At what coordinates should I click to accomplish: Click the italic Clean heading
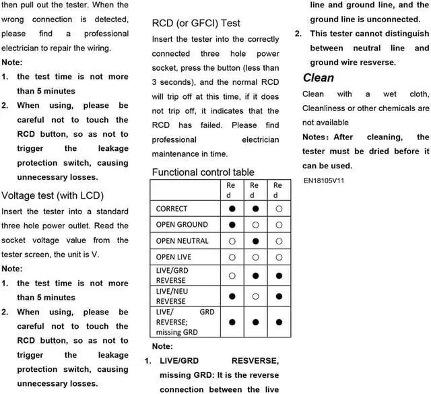coord(319,78)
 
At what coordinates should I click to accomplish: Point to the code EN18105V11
coord(324,181)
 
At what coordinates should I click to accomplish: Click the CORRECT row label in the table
coord(172,209)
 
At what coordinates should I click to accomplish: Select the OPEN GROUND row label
coord(182,225)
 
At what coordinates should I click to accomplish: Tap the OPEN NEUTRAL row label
coord(183,241)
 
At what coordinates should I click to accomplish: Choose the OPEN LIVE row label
coord(174,257)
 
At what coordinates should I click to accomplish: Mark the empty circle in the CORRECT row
coord(278,209)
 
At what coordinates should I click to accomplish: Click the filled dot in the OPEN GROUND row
coord(232,225)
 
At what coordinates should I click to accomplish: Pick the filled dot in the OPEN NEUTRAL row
coord(255,241)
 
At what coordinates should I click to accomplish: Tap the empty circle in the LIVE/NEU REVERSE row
coord(255,296)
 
